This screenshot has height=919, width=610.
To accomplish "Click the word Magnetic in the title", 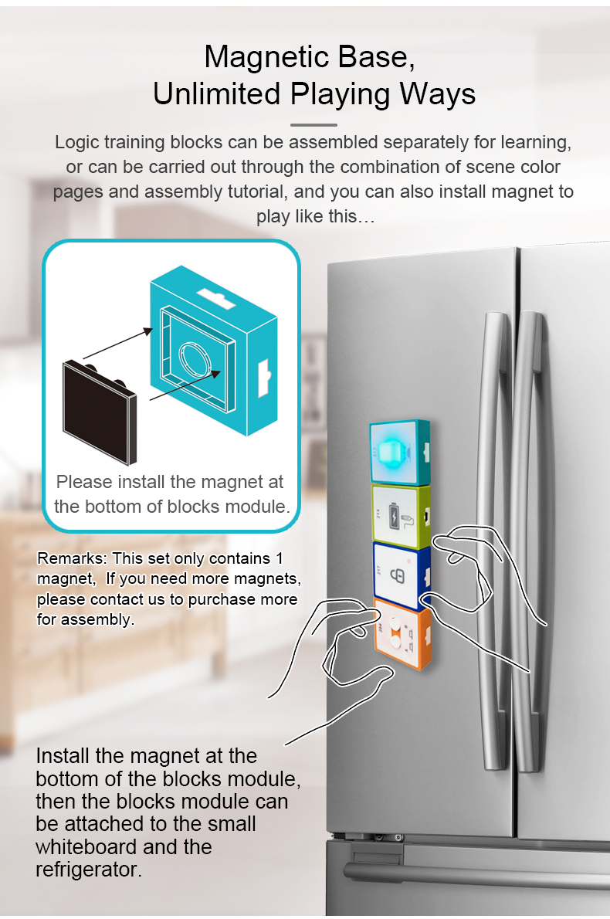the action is pyautogui.click(x=266, y=58).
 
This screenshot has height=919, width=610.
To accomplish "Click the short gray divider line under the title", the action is pyautogui.click(x=313, y=125).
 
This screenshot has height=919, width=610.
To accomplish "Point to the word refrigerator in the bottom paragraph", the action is pyautogui.click(x=89, y=870).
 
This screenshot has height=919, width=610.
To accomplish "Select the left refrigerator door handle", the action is pyautogui.click(x=493, y=539).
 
